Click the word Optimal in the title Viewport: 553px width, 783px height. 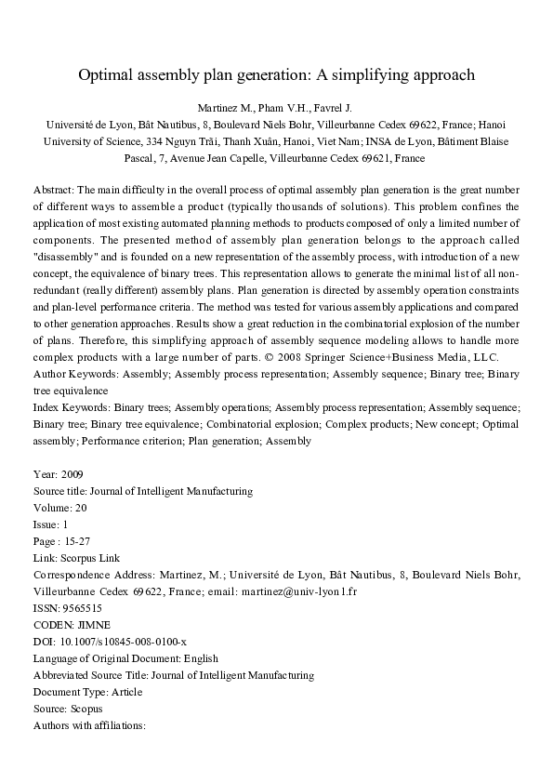106,74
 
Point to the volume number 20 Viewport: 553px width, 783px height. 81,508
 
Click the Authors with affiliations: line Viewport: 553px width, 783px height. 89,725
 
